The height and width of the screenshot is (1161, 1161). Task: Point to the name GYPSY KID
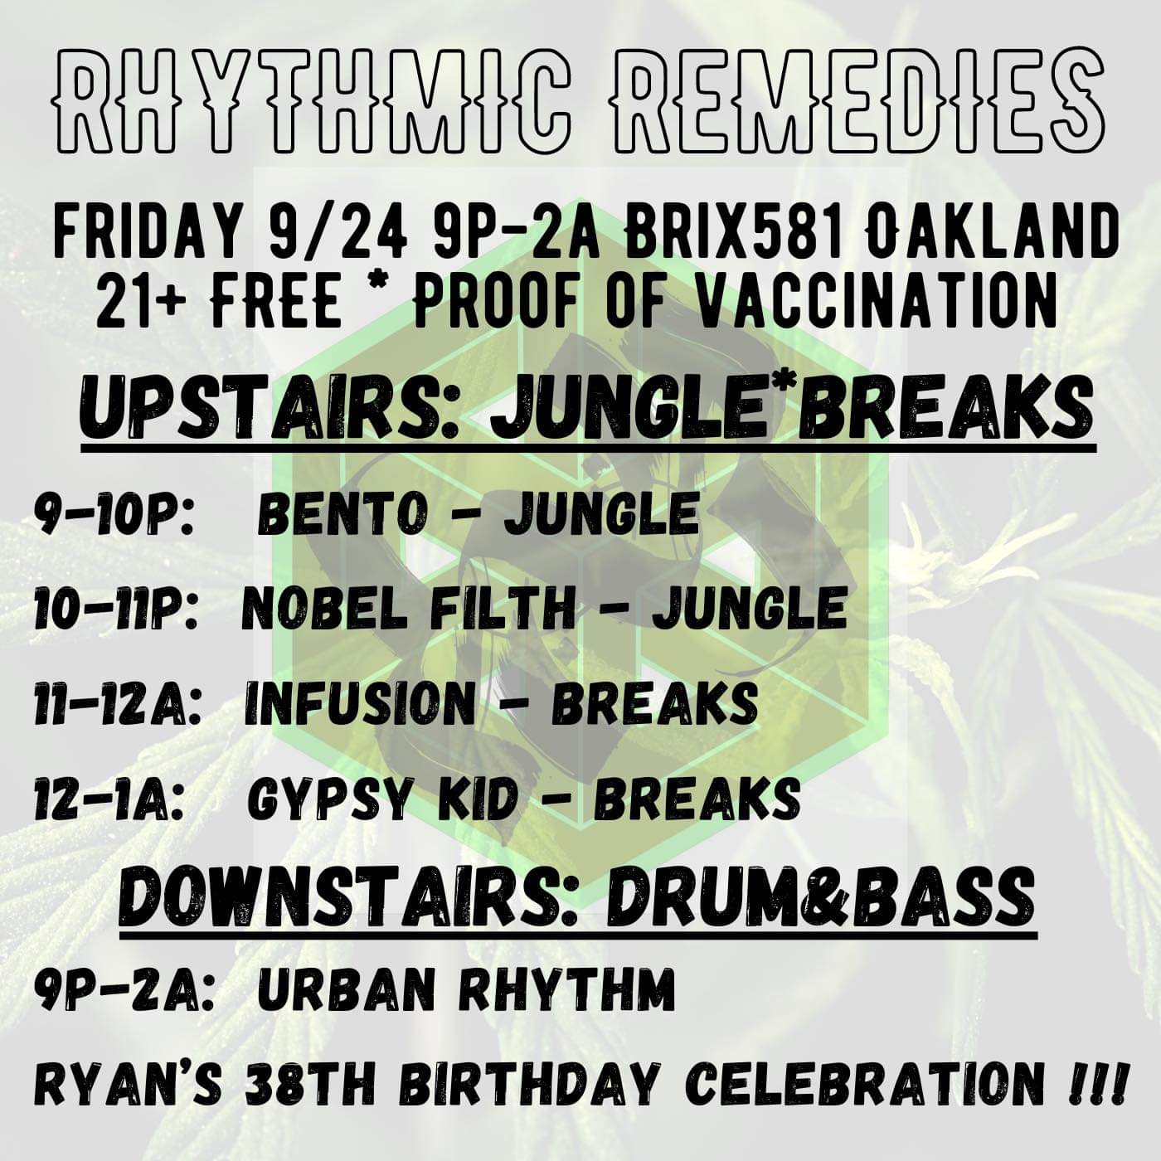click(383, 799)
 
